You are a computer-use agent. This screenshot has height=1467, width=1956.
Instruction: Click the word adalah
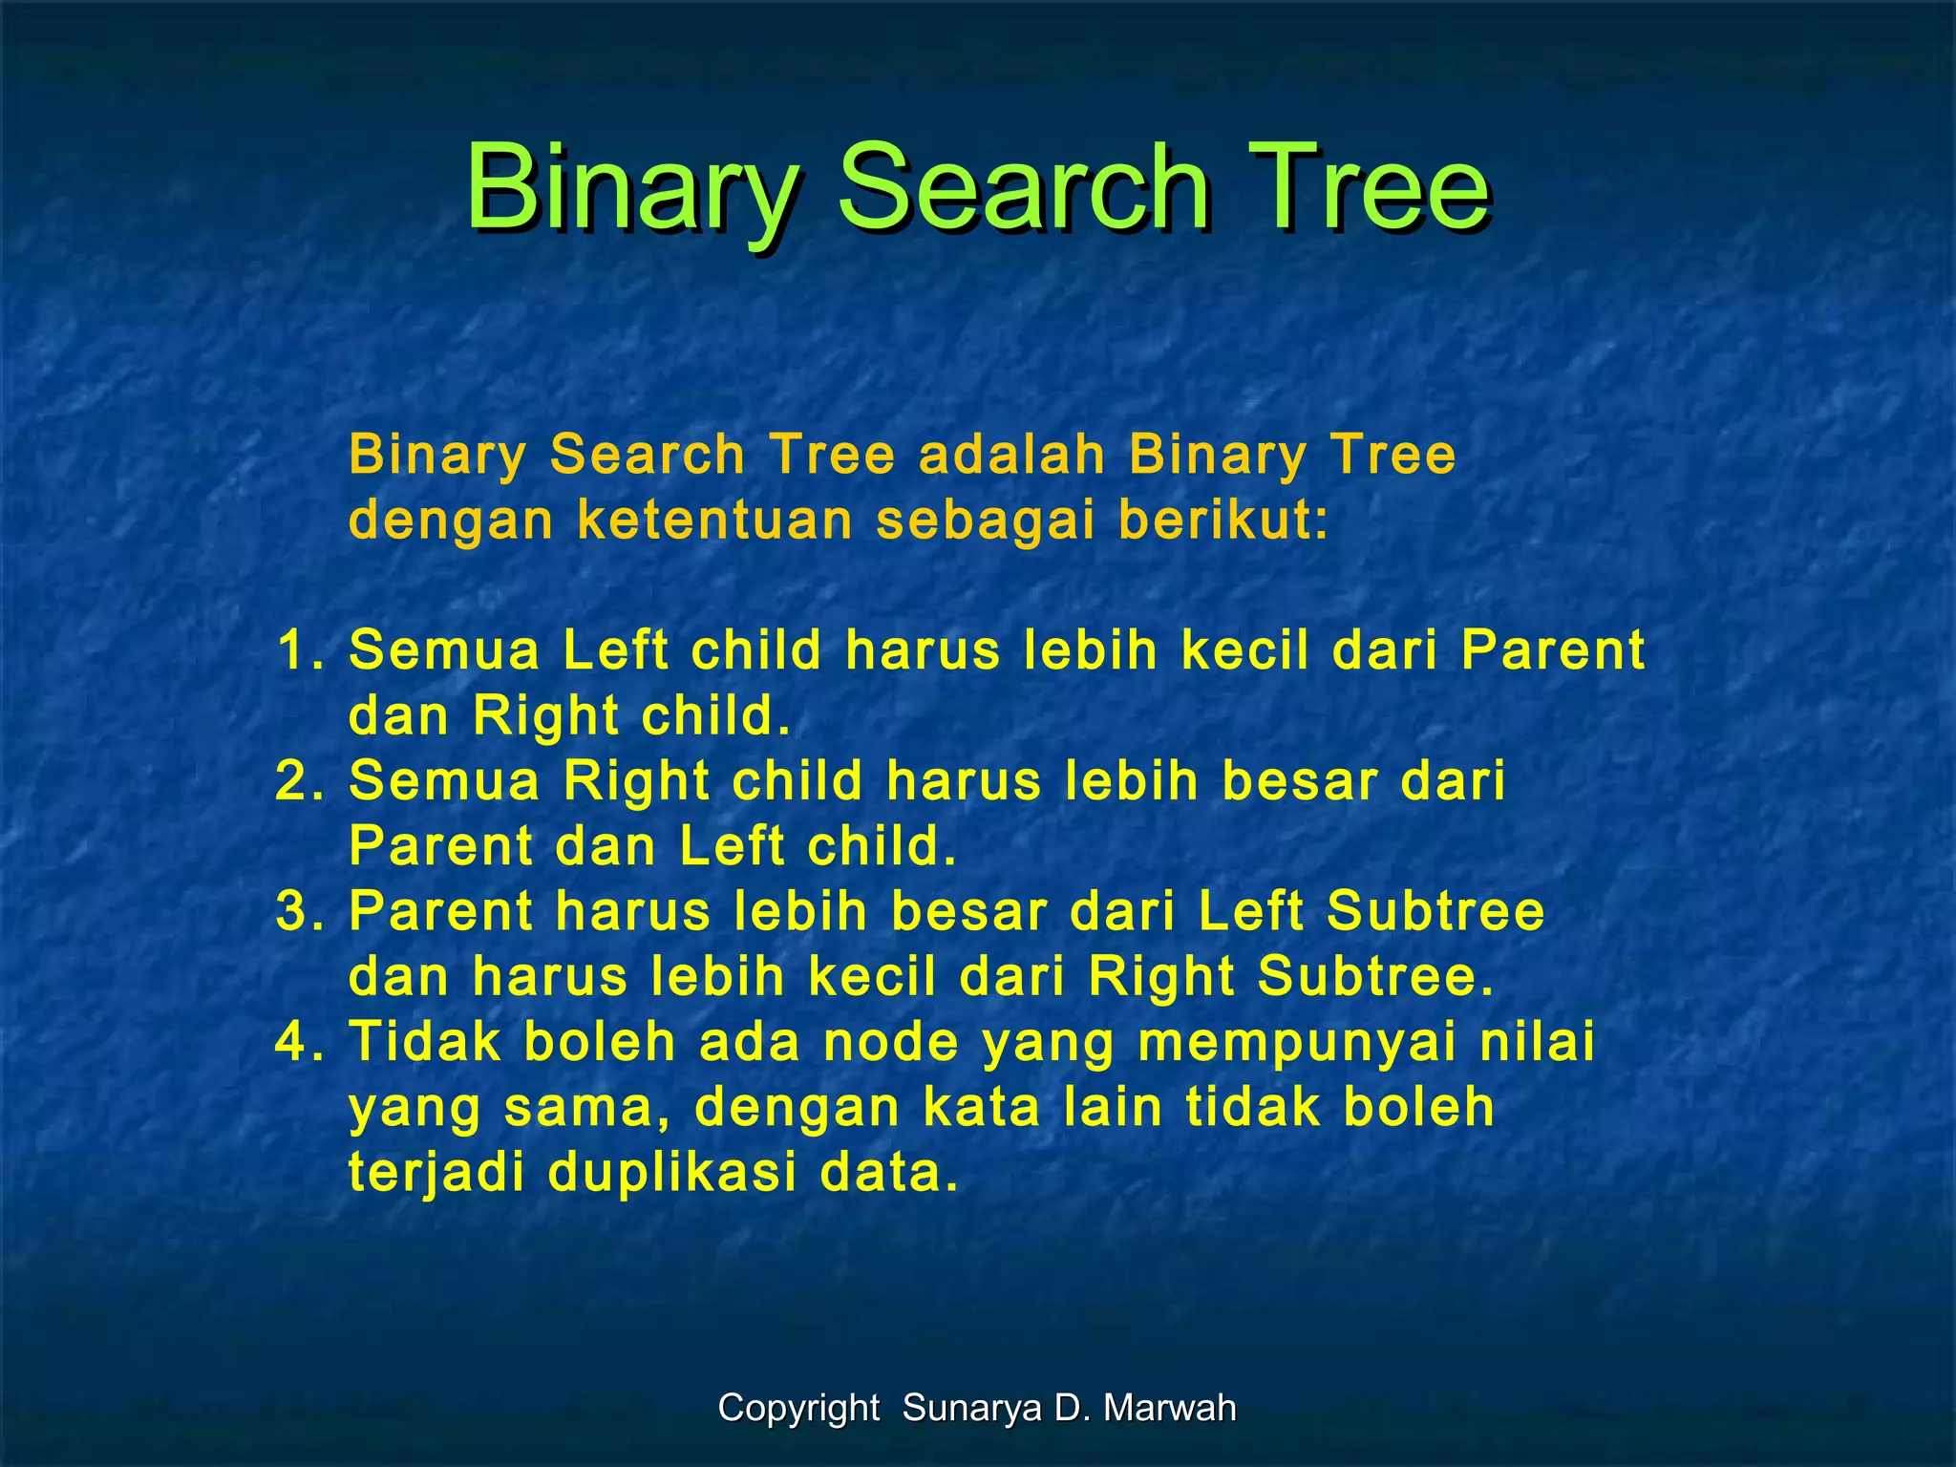pyautogui.click(x=1011, y=455)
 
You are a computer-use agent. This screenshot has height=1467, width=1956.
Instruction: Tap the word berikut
pyautogui.click(x=1223, y=521)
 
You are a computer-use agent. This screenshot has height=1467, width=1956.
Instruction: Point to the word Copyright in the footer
pyautogui.click(x=798, y=1409)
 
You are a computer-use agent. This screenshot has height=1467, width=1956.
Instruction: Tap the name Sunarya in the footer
pyautogui.click(x=973, y=1409)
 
